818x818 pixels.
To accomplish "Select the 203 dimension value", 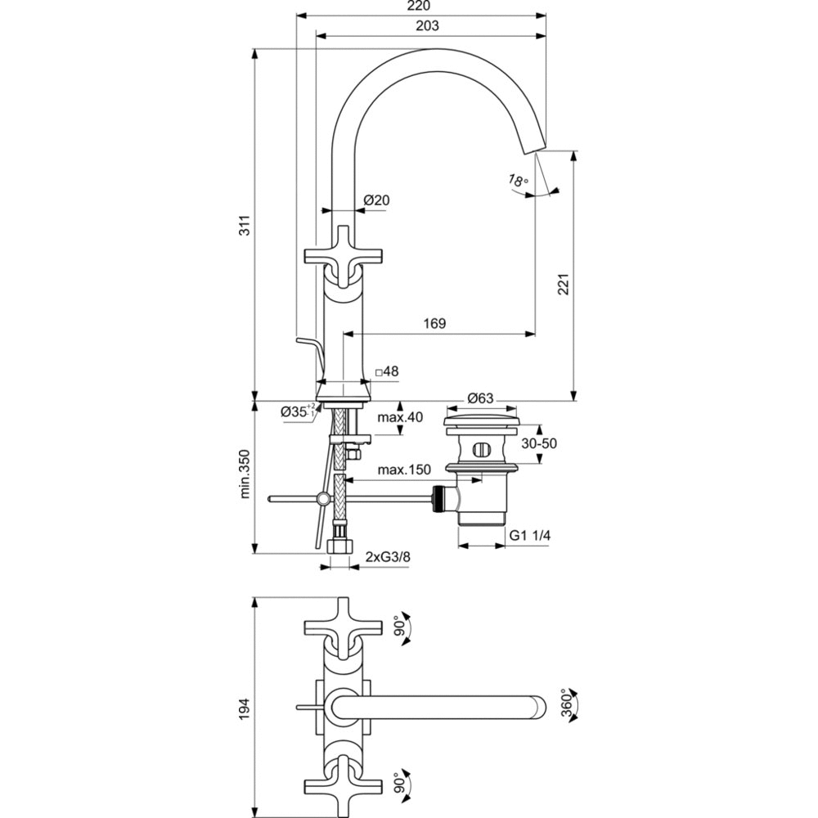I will click(x=427, y=25).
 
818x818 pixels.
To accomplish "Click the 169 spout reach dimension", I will click(x=435, y=324).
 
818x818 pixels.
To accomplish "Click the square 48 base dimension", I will click(x=387, y=371).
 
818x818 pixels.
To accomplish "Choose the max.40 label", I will click(x=400, y=418).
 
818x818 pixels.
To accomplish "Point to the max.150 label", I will click(x=404, y=470).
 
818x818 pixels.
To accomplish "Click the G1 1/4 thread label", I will click(x=531, y=535).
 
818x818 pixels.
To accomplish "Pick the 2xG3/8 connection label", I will click(x=388, y=557).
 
